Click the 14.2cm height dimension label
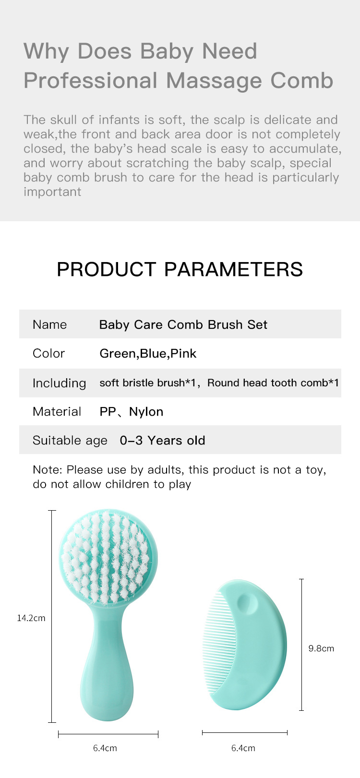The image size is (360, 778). (31, 618)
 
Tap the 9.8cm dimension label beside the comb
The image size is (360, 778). (321, 648)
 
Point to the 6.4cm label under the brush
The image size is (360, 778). (105, 748)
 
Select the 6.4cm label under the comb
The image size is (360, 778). (243, 748)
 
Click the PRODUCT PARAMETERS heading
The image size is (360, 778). (180, 269)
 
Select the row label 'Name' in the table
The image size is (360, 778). (50, 324)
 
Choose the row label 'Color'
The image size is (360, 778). (48, 353)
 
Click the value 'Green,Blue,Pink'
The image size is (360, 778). (148, 354)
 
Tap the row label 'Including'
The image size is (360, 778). (60, 383)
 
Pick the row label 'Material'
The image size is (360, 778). (57, 412)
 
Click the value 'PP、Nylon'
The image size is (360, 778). (132, 412)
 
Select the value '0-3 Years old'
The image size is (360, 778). (162, 441)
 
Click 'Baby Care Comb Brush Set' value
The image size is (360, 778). (183, 324)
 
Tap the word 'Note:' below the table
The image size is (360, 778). (48, 469)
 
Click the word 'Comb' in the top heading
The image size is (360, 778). (301, 81)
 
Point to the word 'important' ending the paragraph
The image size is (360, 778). (52, 192)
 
